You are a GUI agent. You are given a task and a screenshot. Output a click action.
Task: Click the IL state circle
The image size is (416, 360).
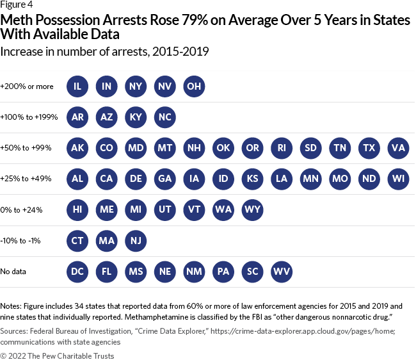coord(78,86)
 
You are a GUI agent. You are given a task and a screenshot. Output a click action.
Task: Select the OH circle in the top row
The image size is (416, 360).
coord(195,86)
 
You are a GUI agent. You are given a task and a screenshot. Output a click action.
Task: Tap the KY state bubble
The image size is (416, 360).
coord(136,117)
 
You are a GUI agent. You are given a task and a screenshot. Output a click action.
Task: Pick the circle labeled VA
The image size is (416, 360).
coord(399,148)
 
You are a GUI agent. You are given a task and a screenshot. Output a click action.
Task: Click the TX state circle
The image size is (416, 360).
coord(369,148)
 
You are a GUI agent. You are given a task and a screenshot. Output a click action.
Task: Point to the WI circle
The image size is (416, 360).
coord(399,179)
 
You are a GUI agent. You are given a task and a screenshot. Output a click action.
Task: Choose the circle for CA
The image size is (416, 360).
coord(107,179)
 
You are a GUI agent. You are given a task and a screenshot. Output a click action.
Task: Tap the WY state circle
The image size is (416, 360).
coord(253,209)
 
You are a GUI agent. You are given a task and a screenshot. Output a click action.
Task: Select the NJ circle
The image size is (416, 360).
coord(136,240)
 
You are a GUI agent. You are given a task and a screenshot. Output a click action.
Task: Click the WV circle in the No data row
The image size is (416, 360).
coord(282,271)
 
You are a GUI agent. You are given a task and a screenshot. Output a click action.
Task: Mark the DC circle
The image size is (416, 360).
coord(78,271)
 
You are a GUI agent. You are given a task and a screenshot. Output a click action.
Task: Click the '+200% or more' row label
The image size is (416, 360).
coord(27,86)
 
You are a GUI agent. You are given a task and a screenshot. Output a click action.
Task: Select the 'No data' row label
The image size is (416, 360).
coord(13,272)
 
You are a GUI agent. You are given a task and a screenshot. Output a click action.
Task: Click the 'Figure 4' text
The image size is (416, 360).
coord(16,6)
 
